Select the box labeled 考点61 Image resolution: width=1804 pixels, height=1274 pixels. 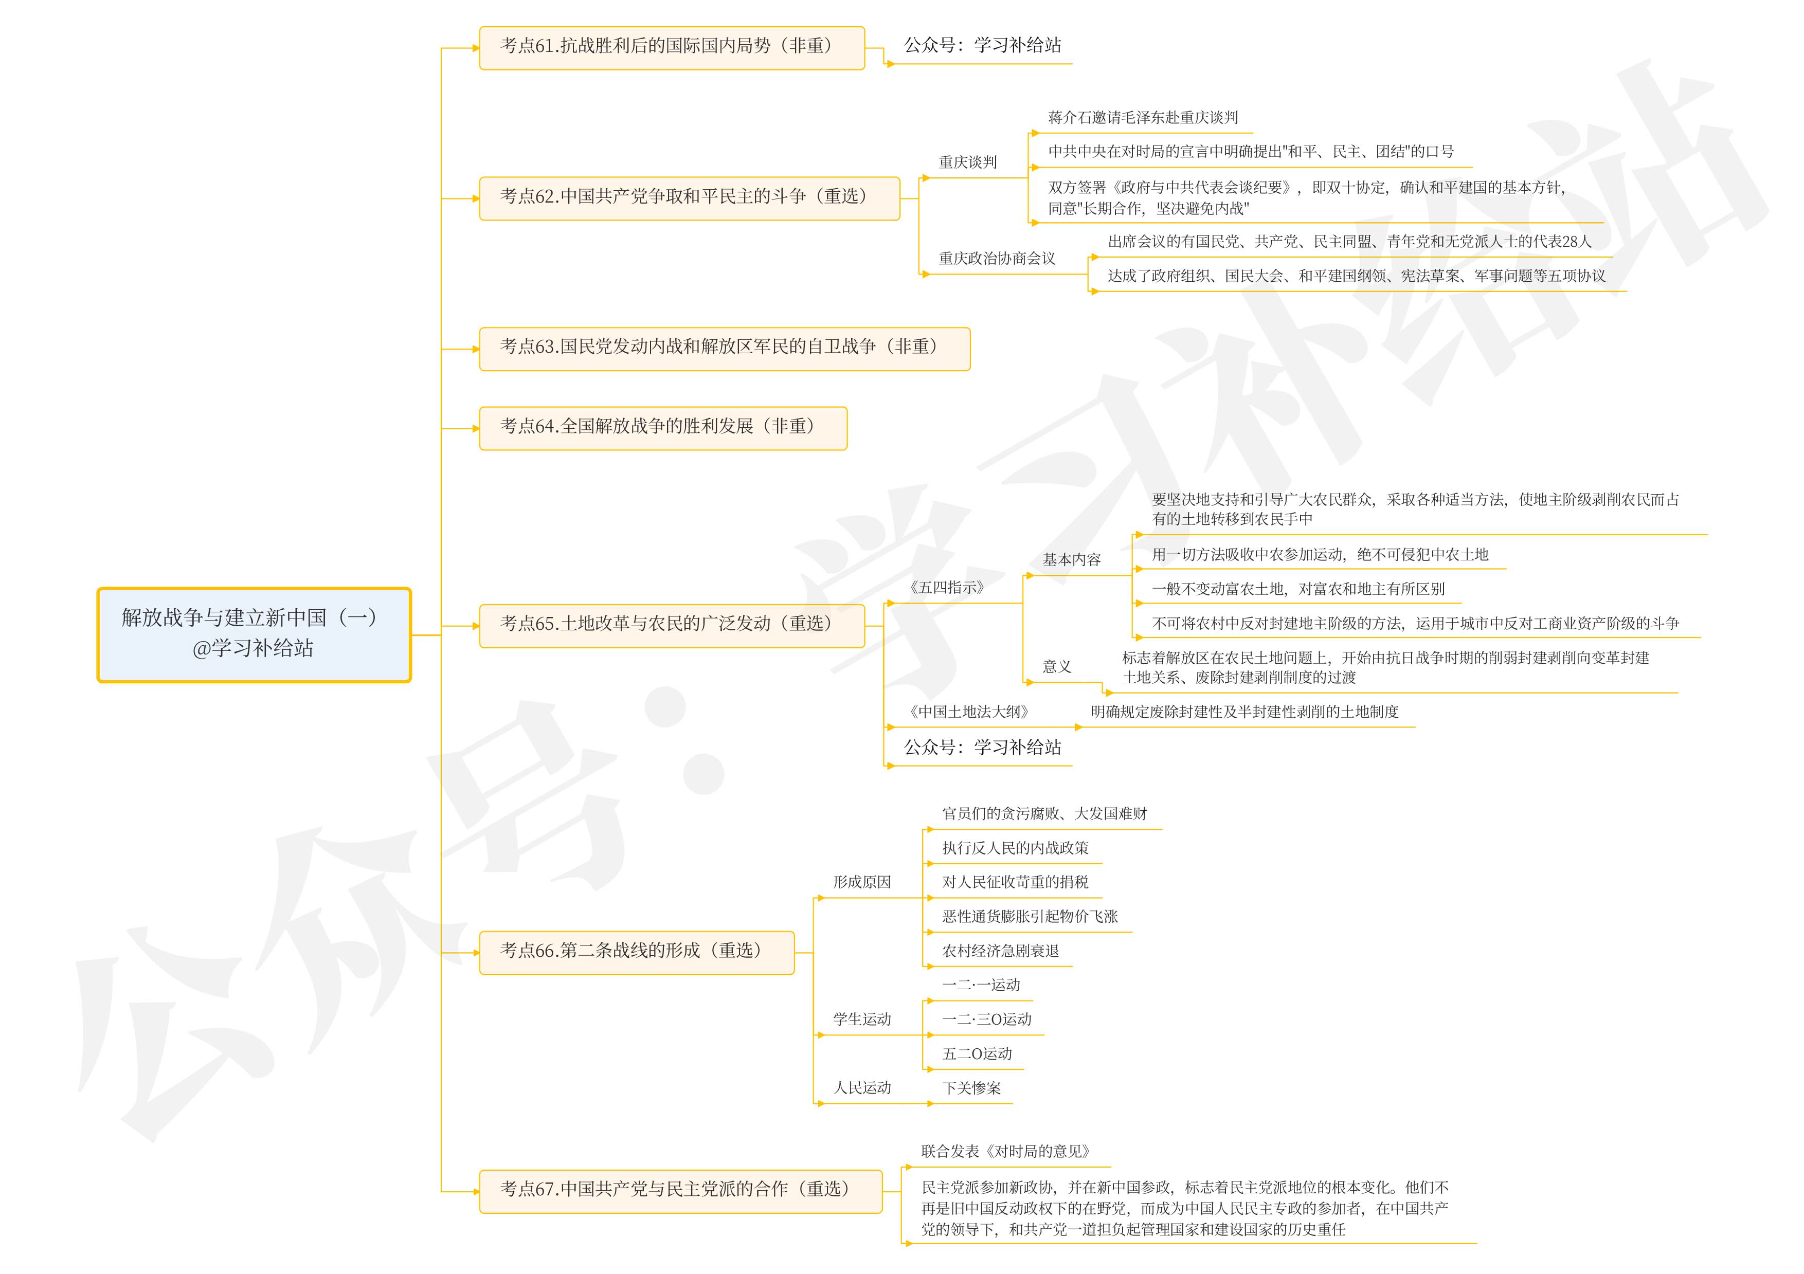672,47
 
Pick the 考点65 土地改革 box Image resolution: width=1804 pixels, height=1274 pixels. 672,625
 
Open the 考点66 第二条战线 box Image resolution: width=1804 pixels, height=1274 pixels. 637,952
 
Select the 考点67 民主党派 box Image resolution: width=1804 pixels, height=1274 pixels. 680,1191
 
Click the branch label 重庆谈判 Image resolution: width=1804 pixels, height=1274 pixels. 967,162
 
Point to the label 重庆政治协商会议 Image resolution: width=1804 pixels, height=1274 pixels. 996,259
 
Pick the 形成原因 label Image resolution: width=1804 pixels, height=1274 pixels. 862,882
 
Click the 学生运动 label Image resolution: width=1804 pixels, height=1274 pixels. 862,1020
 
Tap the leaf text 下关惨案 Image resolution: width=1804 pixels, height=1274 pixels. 971,1088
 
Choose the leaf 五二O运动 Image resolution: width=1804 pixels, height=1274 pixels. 977,1054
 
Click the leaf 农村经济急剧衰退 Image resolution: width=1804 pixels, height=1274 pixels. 1000,951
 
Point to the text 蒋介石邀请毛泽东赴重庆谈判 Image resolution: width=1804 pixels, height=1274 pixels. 1143,118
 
